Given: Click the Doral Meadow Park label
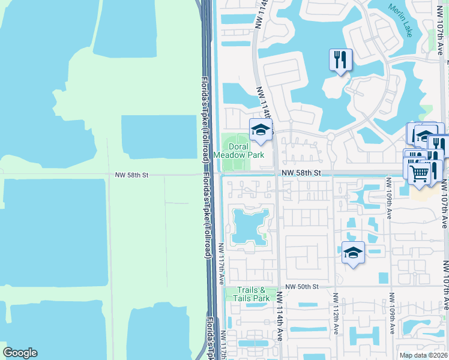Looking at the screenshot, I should coord(244,151).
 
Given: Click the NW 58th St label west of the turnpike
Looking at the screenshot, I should coord(131,175).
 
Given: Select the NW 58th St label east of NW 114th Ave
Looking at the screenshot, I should coord(298,173).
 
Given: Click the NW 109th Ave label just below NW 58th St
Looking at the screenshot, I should coord(389,198).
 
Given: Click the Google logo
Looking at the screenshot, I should coord(20,353).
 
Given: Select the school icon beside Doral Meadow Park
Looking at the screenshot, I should coord(261,130).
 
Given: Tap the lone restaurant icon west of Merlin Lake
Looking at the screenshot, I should coord(340,59).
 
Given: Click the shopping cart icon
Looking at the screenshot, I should coord(420,173).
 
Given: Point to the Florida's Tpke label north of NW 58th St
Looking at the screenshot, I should coord(205,120).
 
